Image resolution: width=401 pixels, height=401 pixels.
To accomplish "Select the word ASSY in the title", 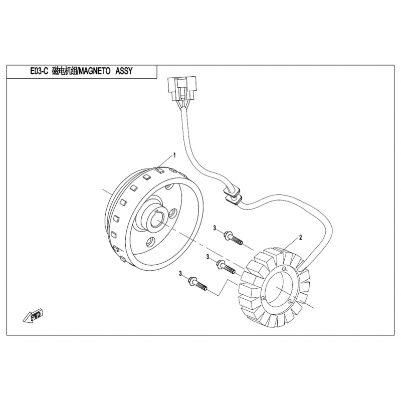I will pyautogui.click(x=125, y=72).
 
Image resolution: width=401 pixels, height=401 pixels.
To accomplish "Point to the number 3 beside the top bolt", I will pyautogui.click(x=214, y=228).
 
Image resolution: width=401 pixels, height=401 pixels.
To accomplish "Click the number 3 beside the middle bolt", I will pyautogui.click(x=208, y=257).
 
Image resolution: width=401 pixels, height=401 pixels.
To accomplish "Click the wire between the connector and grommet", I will pyautogui.click(x=193, y=150).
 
